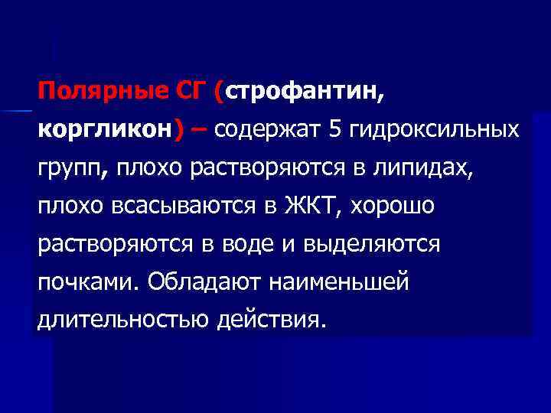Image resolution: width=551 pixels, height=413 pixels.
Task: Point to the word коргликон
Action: pos(105,132)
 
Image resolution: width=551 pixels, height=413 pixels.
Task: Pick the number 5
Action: pos(334,132)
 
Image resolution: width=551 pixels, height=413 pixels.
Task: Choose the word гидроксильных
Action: pos(434,132)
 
